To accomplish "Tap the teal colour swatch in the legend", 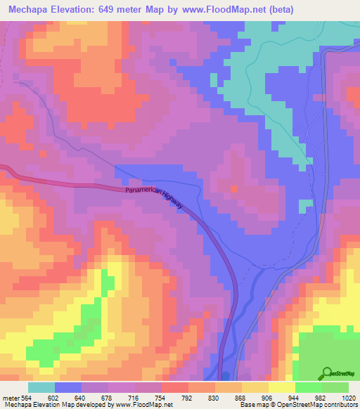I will [x=41, y=388].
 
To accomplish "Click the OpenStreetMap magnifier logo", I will [x=326, y=374].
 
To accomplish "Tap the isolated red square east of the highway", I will [x=233, y=188].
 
